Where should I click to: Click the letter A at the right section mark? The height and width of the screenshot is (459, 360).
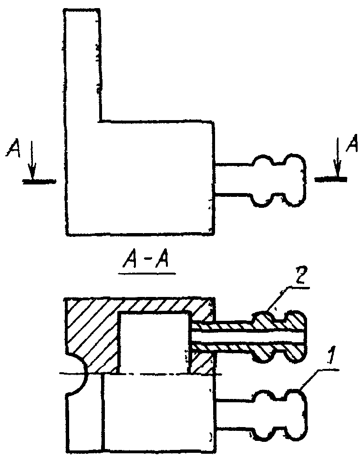coord(352,143)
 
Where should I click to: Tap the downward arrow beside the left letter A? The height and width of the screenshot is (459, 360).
coord(32,160)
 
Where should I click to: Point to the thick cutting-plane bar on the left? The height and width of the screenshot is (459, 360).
coord(39,182)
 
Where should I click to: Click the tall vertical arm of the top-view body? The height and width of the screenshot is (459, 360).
coord(83,64)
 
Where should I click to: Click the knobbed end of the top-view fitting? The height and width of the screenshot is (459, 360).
coord(278,180)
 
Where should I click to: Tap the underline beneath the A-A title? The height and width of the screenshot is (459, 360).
coord(147,274)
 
